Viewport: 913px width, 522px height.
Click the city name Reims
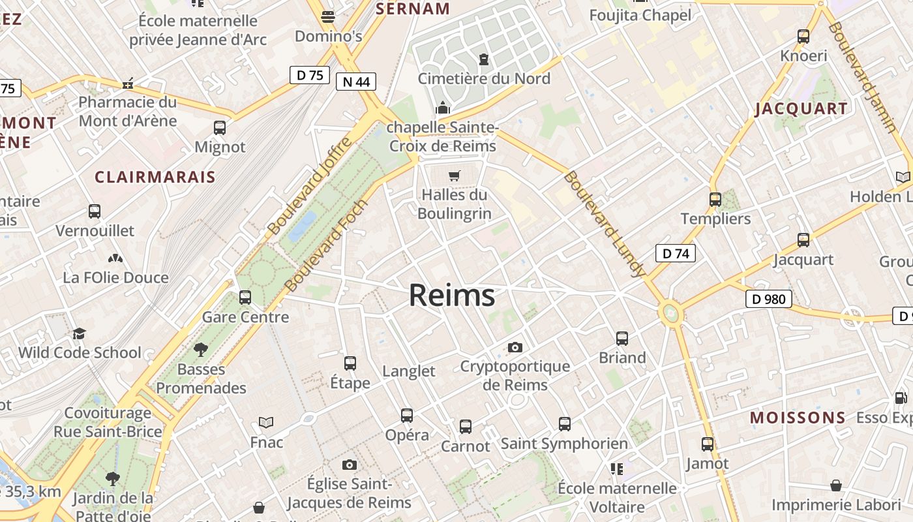pos(451,296)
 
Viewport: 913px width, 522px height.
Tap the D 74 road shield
pos(675,253)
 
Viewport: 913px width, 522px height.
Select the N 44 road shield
pos(356,82)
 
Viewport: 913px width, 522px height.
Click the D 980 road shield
pos(768,299)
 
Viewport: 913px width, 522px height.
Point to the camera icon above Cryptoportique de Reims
pos(515,347)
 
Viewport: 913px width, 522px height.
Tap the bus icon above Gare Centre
pos(245,298)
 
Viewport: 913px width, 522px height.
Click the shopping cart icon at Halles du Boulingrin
pos(455,176)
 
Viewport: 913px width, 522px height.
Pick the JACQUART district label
pos(801,109)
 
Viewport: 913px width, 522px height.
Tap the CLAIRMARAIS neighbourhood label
pos(155,177)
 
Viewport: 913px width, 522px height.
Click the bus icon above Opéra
pos(407,416)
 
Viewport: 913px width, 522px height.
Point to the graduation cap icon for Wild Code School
pos(79,333)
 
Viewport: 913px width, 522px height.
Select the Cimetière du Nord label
pos(484,79)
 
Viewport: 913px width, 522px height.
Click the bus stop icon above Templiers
pos(715,200)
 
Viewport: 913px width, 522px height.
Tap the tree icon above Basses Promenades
pos(201,350)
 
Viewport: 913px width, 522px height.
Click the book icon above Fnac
pos(266,422)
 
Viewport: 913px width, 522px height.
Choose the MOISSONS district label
pos(798,418)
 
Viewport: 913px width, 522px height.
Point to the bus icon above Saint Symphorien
pos(565,424)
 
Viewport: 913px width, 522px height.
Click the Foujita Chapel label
pos(640,15)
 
